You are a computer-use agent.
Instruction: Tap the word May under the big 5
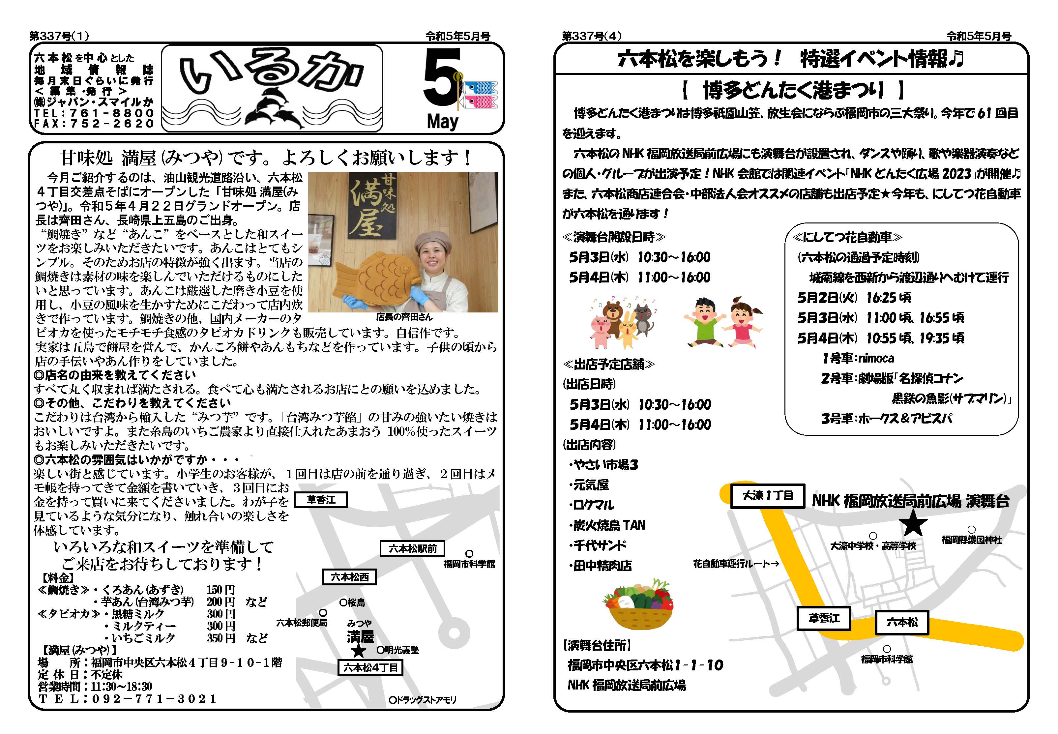pyautogui.click(x=442, y=121)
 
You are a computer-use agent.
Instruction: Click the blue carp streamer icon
pyautogui.click(x=481, y=87)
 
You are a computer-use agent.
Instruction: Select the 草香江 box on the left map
pyautogui.click(x=320, y=499)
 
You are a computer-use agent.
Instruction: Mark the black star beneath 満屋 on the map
pyautogui.click(x=358, y=651)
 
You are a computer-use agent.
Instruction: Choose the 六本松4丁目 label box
pyautogui.click(x=370, y=667)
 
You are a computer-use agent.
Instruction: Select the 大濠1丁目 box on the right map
pyautogui.click(x=767, y=496)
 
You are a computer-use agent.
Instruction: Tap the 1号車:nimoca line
pyautogui.click(x=858, y=358)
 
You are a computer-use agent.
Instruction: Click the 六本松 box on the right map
pyautogui.click(x=902, y=622)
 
